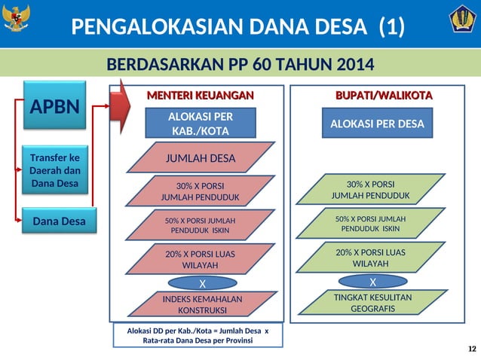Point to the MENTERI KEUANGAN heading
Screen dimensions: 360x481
[x=199, y=96]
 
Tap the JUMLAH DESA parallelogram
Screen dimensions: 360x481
[x=200, y=158]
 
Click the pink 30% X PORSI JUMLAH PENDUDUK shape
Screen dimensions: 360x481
[x=200, y=191]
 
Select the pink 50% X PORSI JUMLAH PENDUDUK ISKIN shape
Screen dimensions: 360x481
[x=200, y=224]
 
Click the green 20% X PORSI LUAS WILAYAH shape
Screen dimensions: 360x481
[x=370, y=258]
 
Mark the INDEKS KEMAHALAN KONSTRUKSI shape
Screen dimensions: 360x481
[x=202, y=304]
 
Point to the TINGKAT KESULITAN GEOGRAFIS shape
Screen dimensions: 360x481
[x=372, y=303]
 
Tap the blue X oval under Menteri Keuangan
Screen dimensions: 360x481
[x=201, y=284]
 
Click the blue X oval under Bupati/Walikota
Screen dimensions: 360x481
[x=372, y=282]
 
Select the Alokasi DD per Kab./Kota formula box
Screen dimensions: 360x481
[x=199, y=335]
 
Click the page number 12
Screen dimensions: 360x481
[x=472, y=348]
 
